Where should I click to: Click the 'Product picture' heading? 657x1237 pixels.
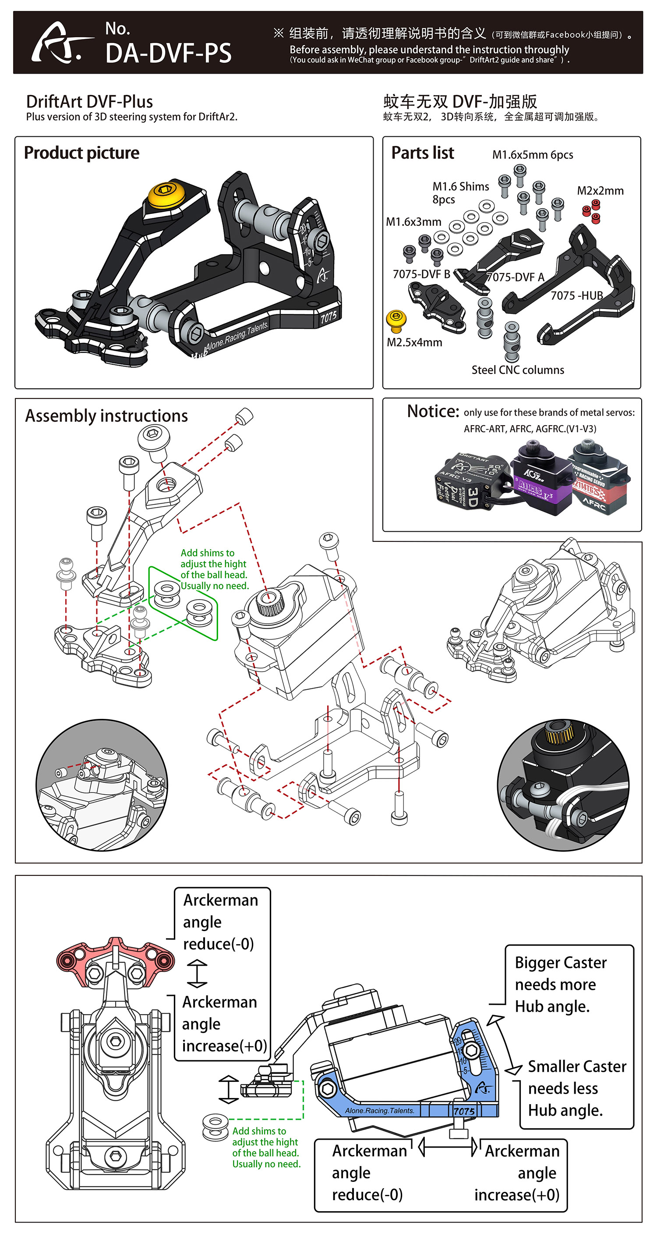81,153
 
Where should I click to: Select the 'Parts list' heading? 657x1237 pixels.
422,153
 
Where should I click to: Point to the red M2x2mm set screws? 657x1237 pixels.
591,211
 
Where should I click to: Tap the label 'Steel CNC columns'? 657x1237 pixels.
517,370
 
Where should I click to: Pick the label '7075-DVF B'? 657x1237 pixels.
421,274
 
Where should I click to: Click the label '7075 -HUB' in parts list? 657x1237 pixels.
576,295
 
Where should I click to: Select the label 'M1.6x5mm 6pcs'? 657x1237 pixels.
532,155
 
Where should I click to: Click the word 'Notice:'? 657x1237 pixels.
433,412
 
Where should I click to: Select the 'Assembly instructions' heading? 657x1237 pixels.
106,416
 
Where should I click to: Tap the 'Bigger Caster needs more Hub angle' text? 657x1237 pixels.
560,985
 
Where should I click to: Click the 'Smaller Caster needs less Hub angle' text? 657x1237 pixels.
576,1088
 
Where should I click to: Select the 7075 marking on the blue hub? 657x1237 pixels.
463,1111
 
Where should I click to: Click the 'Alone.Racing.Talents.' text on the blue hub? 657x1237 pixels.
379,1111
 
